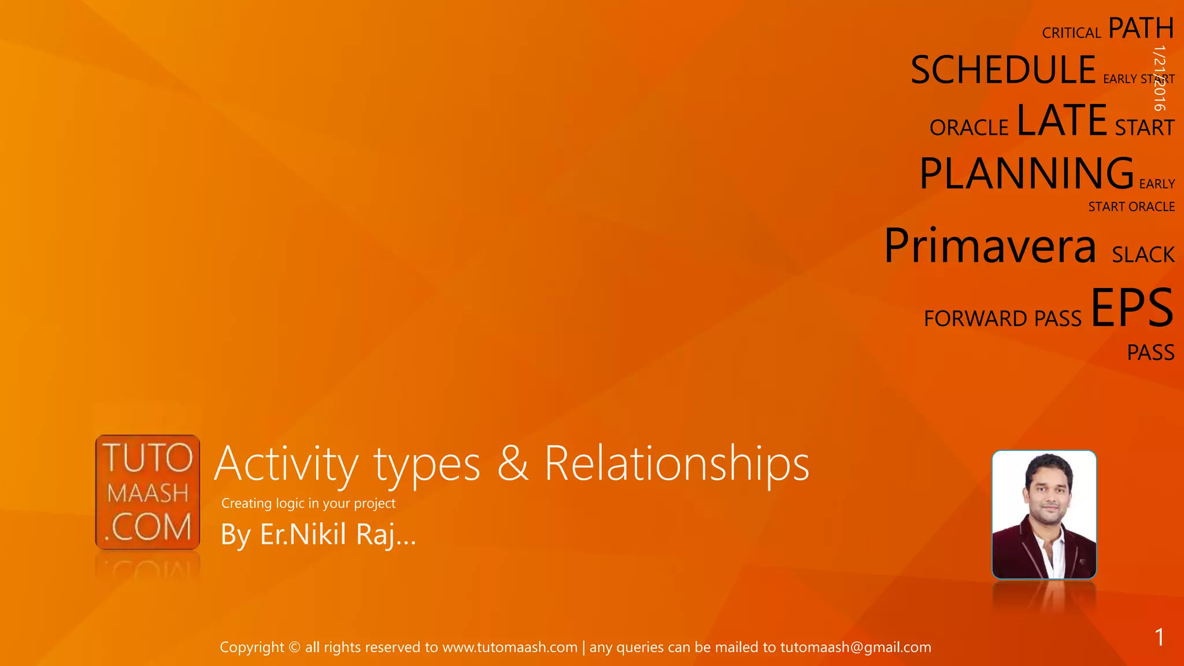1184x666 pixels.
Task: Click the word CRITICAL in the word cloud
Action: tap(1071, 33)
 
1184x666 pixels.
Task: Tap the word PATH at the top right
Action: tap(1141, 28)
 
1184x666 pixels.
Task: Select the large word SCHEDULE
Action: tap(1003, 70)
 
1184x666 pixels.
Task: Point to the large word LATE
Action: tap(1061, 120)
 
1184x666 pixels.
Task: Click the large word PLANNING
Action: tap(1027, 173)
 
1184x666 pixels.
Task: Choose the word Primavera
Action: tap(990, 246)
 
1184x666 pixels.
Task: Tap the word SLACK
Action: tap(1143, 255)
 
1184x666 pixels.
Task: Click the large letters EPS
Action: tap(1132, 308)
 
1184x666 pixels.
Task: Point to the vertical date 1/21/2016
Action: tap(1159, 78)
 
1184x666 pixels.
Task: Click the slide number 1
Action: tap(1159, 637)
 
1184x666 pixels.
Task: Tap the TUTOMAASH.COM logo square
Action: tap(148, 492)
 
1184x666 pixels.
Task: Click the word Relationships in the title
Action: tap(676, 464)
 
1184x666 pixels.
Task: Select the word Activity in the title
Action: tap(287, 464)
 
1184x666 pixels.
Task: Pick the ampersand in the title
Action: tap(512, 464)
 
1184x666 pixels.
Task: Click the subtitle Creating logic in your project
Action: tap(308, 503)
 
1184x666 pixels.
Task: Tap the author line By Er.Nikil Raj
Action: tap(318, 534)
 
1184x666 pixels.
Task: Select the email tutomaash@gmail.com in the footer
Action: tap(856, 647)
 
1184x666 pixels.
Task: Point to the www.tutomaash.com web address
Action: tap(510, 647)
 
